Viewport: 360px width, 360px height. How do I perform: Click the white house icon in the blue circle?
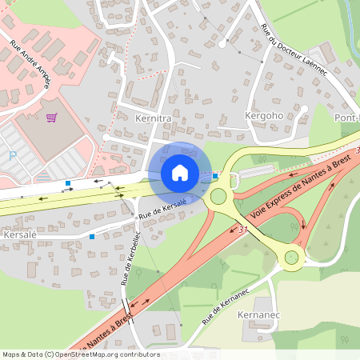coord(180,172)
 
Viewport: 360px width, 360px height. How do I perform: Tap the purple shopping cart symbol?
coord(52,118)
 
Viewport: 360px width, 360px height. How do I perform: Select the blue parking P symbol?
coord(11,155)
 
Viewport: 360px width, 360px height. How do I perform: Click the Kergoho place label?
coord(259,116)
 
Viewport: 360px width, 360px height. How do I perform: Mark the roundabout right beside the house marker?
coord(218,196)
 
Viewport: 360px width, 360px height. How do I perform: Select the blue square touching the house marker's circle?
coord(214,175)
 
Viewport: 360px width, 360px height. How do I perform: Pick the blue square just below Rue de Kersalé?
coord(92,236)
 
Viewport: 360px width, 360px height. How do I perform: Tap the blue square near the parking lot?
coord(67,183)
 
